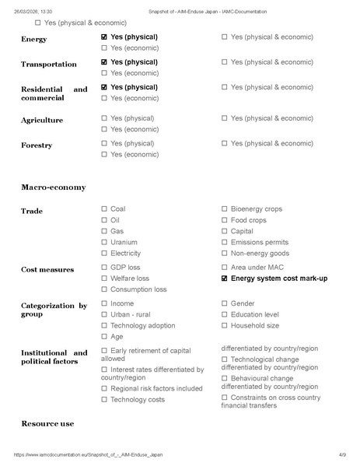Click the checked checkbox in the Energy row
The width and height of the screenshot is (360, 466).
pyautogui.click(x=104, y=37)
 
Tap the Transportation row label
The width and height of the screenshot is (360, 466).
pyautogui.click(x=48, y=65)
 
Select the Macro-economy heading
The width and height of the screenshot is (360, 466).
pyautogui.click(x=54, y=187)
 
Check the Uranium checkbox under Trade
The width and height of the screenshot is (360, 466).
pyautogui.click(x=104, y=242)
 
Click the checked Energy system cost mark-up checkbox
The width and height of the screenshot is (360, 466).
pyautogui.click(x=225, y=279)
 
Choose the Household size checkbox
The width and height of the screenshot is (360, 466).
pyautogui.click(x=225, y=326)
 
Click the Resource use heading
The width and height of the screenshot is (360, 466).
pyautogui.click(x=47, y=423)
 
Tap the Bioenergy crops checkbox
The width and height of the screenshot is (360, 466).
pyautogui.click(x=225, y=209)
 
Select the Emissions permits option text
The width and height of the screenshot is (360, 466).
pyautogui.click(x=259, y=242)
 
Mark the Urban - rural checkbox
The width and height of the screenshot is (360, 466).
pyautogui.click(x=104, y=314)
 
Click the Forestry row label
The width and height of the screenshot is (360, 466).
pyautogui.click(x=37, y=145)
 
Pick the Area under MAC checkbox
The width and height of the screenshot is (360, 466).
pyautogui.click(x=225, y=268)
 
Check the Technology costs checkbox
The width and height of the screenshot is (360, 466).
pyautogui.click(x=104, y=399)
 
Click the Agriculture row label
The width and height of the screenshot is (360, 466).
pyautogui.click(x=42, y=121)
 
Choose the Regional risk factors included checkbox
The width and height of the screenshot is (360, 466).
pyautogui.click(x=104, y=388)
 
